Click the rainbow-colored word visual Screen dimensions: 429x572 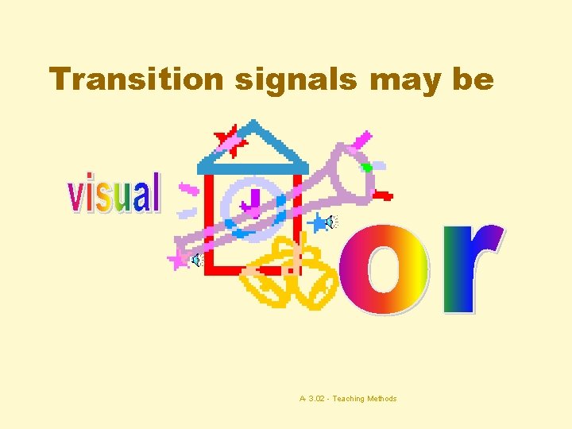pyautogui.click(x=114, y=195)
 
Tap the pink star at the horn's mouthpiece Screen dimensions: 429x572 pyautogui.click(x=179, y=258)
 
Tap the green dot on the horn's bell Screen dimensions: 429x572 pyautogui.click(x=367, y=168)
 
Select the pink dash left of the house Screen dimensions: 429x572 pyautogui.click(x=189, y=191)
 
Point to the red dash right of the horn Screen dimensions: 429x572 pyautogui.click(x=383, y=194)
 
